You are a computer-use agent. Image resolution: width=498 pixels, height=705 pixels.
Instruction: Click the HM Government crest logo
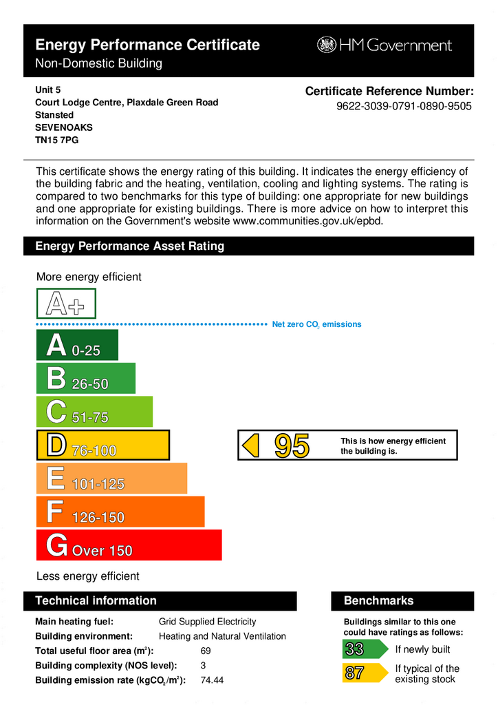pyautogui.click(x=326, y=45)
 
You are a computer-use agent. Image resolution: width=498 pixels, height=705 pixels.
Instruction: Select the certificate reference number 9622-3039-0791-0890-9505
pyautogui.click(x=404, y=107)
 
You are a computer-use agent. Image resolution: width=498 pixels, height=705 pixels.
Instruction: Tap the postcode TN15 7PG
pyautogui.click(x=56, y=140)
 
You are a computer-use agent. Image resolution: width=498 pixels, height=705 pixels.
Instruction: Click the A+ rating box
pyautogui.click(x=66, y=304)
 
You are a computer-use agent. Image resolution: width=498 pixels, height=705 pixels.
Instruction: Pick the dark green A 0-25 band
pyautogui.click(x=76, y=346)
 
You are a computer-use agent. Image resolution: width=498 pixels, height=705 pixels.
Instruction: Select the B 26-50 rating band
pyautogui.click(x=85, y=379)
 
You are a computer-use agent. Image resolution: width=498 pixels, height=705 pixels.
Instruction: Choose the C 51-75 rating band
pyautogui.click(x=94, y=412)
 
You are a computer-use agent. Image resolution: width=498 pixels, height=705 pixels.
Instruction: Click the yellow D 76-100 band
pyautogui.click(x=102, y=445)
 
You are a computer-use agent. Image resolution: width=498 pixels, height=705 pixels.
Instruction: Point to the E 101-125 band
pyautogui.click(x=111, y=478)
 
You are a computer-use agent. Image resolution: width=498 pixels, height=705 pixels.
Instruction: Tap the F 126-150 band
pyautogui.click(x=120, y=512)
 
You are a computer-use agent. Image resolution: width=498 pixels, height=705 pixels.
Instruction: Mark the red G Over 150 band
pyautogui.click(x=128, y=545)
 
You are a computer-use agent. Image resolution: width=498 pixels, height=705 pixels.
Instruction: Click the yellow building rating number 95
pyautogui.click(x=292, y=446)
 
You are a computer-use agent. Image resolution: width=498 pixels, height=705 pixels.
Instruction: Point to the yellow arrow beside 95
pyautogui.click(x=252, y=445)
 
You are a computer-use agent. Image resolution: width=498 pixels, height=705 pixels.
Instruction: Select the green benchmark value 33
pyautogui.click(x=355, y=649)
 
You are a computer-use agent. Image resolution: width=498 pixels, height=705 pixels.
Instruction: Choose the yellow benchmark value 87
pyautogui.click(x=355, y=673)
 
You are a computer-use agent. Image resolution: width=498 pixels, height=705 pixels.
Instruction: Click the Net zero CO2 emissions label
pyautogui.click(x=316, y=324)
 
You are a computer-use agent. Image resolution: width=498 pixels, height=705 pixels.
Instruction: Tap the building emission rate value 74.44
pyautogui.click(x=212, y=680)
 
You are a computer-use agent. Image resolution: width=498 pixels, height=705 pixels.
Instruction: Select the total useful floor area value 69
pyautogui.click(x=206, y=651)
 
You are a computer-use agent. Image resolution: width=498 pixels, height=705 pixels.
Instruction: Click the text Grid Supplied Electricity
pyautogui.click(x=207, y=621)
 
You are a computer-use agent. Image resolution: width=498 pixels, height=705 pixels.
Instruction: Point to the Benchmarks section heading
pyautogui.click(x=378, y=601)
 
